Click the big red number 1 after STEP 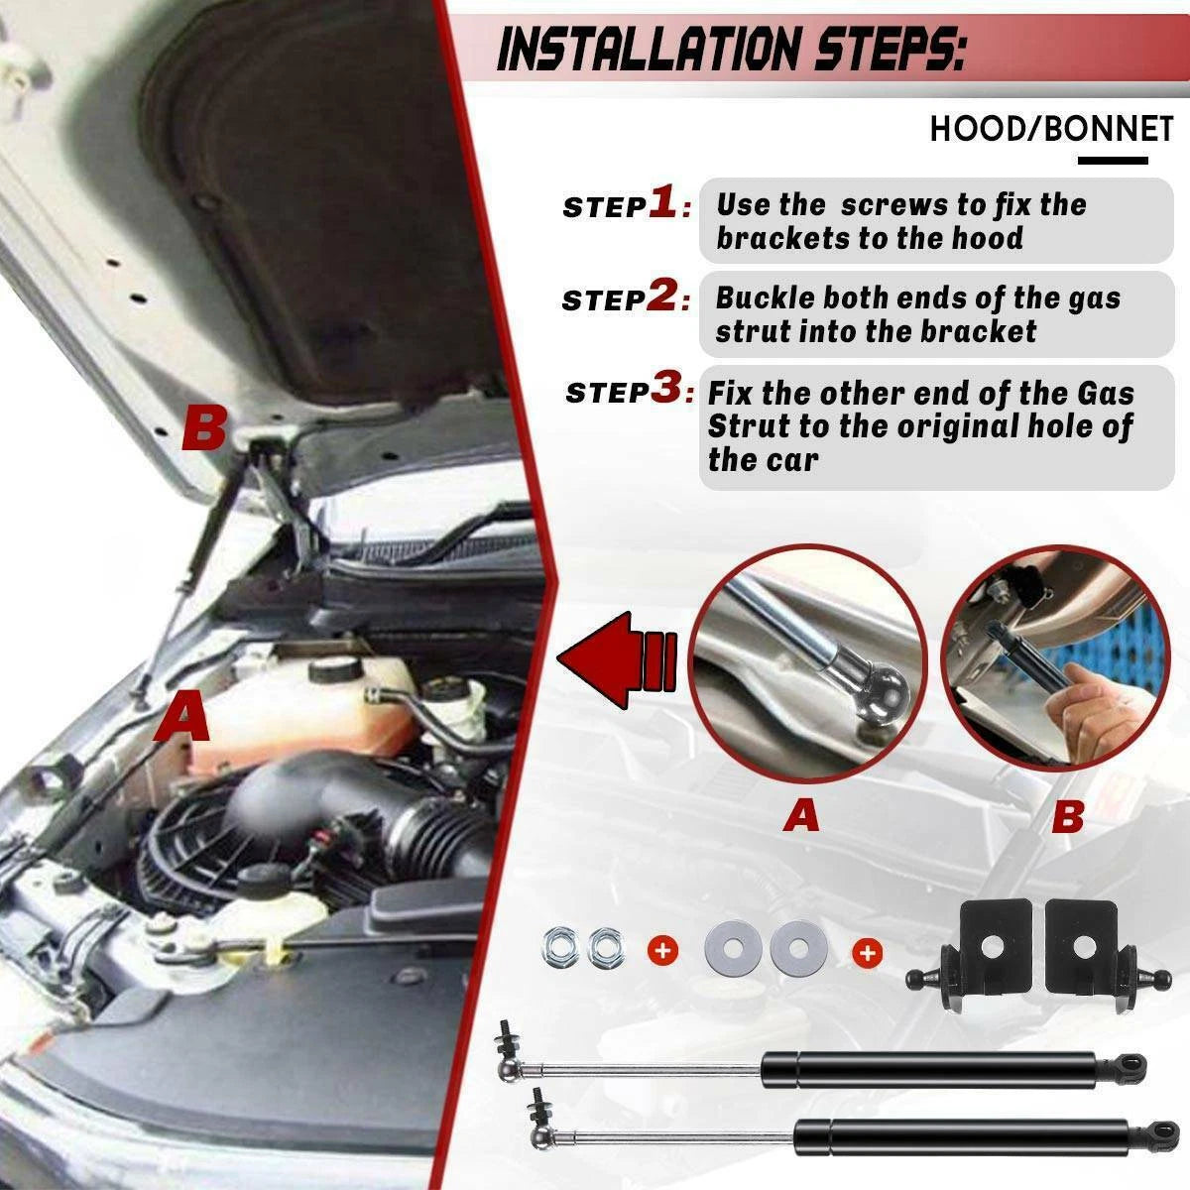pyautogui.click(x=662, y=202)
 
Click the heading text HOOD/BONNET pyautogui.click(x=1051, y=129)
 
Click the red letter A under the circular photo pyautogui.click(x=801, y=815)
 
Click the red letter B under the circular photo pyautogui.click(x=1068, y=816)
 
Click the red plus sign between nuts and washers pyautogui.click(x=662, y=950)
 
